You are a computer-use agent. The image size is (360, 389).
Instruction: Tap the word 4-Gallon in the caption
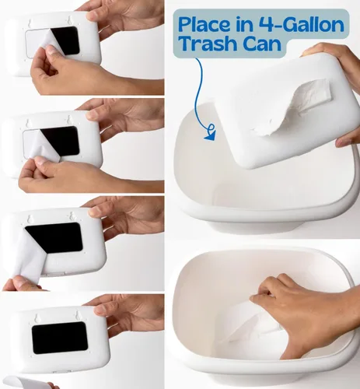click(x=301, y=25)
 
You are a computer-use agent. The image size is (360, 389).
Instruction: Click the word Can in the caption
click(x=262, y=44)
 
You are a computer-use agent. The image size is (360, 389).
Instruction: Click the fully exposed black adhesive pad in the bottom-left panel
click(x=60, y=338)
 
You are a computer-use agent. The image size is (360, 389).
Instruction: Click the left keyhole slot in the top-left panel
click(x=30, y=23)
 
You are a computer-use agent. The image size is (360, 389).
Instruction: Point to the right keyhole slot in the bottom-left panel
click(x=77, y=315)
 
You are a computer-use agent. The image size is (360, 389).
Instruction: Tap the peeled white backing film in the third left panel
click(x=29, y=255)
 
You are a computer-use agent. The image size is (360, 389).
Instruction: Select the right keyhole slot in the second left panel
click(x=68, y=119)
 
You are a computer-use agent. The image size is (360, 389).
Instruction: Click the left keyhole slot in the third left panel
click(x=30, y=219)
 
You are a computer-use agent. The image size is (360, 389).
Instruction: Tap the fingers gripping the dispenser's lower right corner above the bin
click(x=348, y=140)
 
